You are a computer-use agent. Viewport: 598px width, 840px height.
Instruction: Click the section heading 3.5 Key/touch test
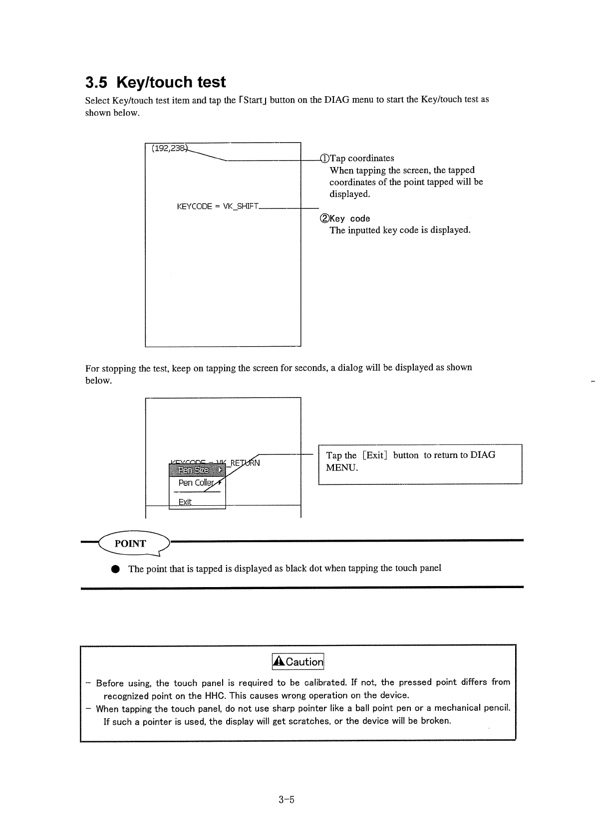point(155,82)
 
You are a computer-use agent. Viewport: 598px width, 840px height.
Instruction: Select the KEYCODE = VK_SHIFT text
point(217,207)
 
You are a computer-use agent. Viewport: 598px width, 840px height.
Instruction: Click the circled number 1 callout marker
point(324,159)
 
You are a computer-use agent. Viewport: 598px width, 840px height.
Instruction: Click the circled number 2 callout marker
point(324,218)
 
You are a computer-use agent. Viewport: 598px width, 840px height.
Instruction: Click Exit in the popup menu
point(185,502)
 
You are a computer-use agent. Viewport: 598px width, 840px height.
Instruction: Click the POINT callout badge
point(131,544)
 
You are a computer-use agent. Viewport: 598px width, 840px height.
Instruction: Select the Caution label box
point(298,661)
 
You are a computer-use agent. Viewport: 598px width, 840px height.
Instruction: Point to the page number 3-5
point(288,800)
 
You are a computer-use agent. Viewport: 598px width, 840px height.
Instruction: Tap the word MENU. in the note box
point(342,468)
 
